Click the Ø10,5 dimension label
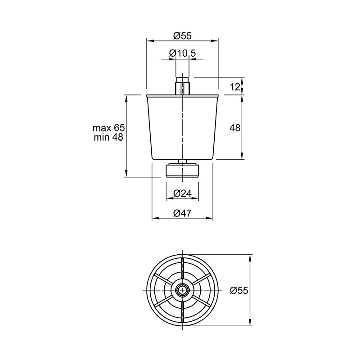[x=183, y=53]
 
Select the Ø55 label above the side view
[x=183, y=36]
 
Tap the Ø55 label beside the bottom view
[x=239, y=290]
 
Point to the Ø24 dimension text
[x=183, y=193]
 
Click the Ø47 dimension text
[x=183, y=213]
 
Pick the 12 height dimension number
[x=235, y=87]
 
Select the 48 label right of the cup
[x=235, y=128]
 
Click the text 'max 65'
[x=108, y=128]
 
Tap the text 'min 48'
[x=108, y=137]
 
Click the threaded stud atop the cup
[x=183, y=86]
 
